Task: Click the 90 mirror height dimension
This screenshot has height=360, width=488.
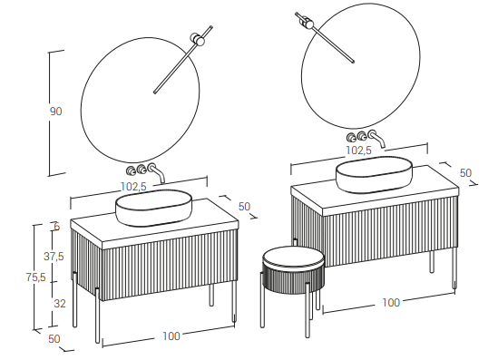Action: pyautogui.click(x=56, y=112)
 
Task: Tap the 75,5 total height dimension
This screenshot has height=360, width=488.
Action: pyautogui.click(x=35, y=277)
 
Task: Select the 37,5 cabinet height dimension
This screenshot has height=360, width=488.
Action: pyautogui.click(x=54, y=257)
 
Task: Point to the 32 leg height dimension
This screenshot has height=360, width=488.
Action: pyautogui.click(x=60, y=304)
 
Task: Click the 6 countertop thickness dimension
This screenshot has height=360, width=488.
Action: pyautogui.click(x=56, y=227)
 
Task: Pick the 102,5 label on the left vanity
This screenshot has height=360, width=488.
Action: pyautogui.click(x=133, y=187)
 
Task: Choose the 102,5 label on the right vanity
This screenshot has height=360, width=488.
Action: pyautogui.click(x=359, y=151)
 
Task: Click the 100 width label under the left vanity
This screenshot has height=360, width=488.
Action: pyautogui.click(x=171, y=336)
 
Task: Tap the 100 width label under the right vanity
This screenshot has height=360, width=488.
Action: pyautogui.click(x=391, y=303)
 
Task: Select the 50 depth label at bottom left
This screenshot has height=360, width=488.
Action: pyautogui.click(x=54, y=338)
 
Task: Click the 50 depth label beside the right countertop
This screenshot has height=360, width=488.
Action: pyautogui.click(x=465, y=173)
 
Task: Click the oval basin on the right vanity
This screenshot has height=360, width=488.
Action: pyautogui.click(x=374, y=174)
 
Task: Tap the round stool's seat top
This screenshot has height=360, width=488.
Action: pyautogui.click(x=294, y=257)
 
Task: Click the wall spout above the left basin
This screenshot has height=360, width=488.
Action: pyautogui.click(x=157, y=172)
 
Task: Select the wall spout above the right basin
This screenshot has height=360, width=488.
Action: pyautogui.click(x=377, y=139)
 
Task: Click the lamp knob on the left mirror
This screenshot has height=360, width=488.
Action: pyautogui.click(x=198, y=39)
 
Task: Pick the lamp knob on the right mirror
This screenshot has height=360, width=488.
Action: pyautogui.click(x=307, y=23)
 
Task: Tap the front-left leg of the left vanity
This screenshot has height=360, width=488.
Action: pyautogui.click(x=97, y=315)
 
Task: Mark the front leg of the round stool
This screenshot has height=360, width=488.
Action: pyautogui.click(x=307, y=310)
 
